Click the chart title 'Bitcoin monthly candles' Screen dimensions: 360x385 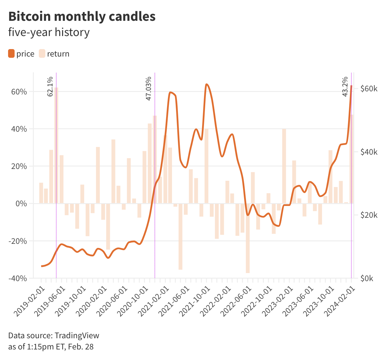82,16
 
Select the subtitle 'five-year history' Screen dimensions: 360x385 49,32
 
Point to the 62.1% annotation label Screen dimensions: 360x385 50,86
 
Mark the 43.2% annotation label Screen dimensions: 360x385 345,86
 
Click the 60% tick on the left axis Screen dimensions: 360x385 19,92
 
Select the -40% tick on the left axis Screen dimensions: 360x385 18,278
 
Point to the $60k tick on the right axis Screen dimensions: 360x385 369,89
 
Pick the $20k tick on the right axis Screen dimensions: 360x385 369,215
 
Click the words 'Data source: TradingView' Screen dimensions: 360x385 54,335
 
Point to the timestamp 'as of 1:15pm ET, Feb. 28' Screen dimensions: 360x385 51,347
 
